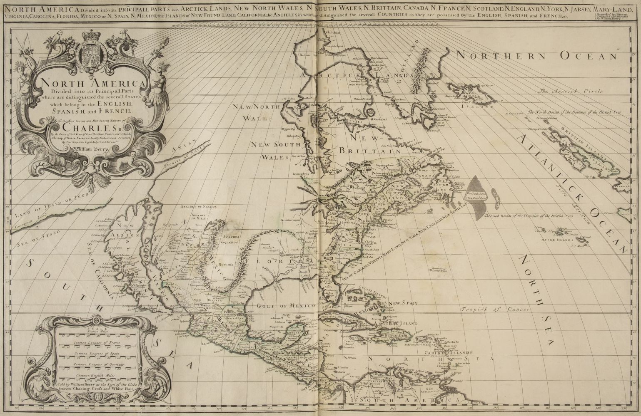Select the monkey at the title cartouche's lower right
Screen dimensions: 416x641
coord(124,163)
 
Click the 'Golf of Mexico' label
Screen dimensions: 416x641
coord(287,306)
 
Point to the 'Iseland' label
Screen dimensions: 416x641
coord(479,106)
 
